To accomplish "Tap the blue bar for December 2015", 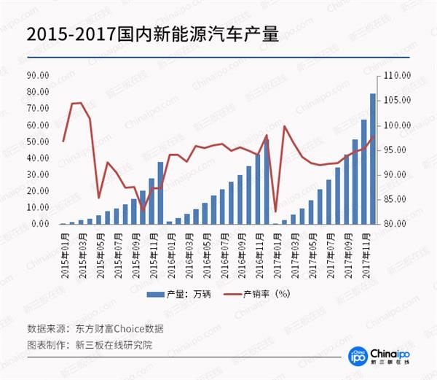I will [x=160, y=193].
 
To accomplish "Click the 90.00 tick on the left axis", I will [x=37, y=75].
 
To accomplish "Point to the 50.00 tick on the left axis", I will [x=37, y=141].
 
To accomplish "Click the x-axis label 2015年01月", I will [x=66, y=249].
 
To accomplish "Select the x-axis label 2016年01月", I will [x=170, y=249].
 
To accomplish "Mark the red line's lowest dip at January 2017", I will [x=275, y=211].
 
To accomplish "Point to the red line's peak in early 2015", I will [x=81, y=103].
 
